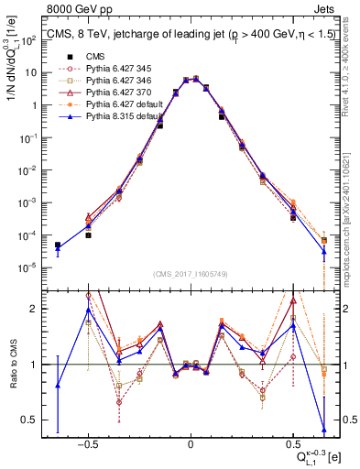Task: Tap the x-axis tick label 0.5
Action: pos(292,444)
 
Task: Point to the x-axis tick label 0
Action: pos(190,444)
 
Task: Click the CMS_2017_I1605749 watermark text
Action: pos(190,274)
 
